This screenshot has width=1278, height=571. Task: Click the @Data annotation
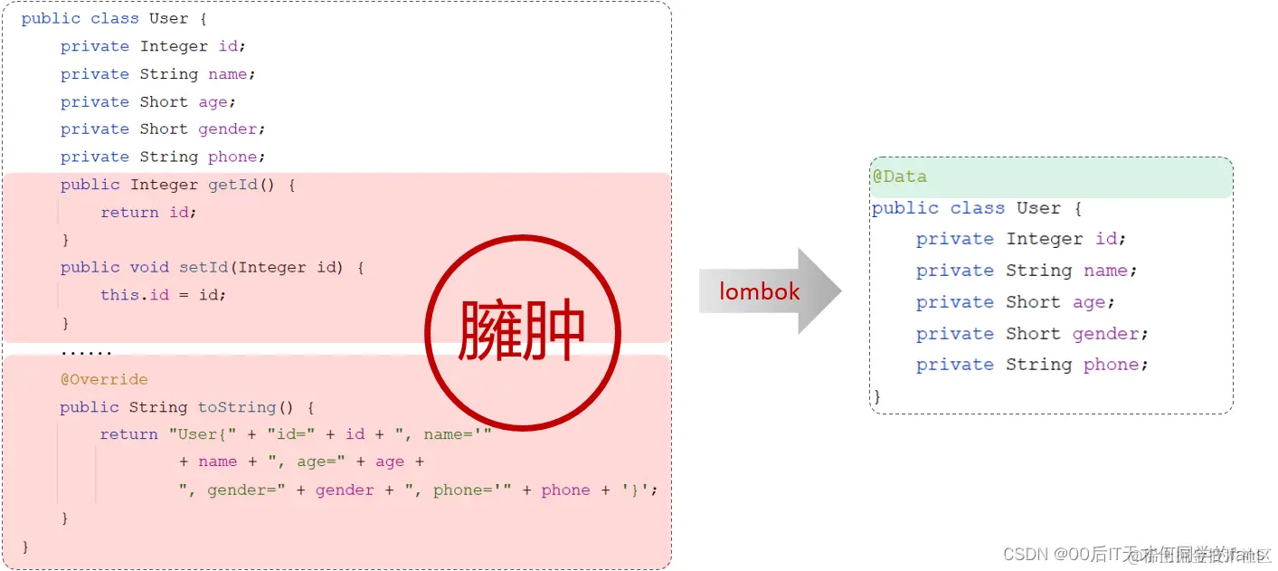click(x=899, y=176)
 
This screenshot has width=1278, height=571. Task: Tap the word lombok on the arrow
click(x=760, y=291)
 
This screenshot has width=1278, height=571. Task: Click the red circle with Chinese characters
click(x=522, y=332)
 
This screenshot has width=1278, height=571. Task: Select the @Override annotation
click(x=104, y=379)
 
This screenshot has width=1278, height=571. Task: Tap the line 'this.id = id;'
click(x=163, y=295)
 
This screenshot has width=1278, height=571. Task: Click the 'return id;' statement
click(x=148, y=213)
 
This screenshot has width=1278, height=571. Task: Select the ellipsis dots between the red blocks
click(x=87, y=351)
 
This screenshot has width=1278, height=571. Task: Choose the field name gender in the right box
click(x=1110, y=334)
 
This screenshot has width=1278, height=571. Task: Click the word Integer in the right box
click(x=1045, y=239)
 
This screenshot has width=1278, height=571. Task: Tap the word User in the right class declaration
click(x=1038, y=208)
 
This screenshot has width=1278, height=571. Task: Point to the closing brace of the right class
click(x=876, y=396)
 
